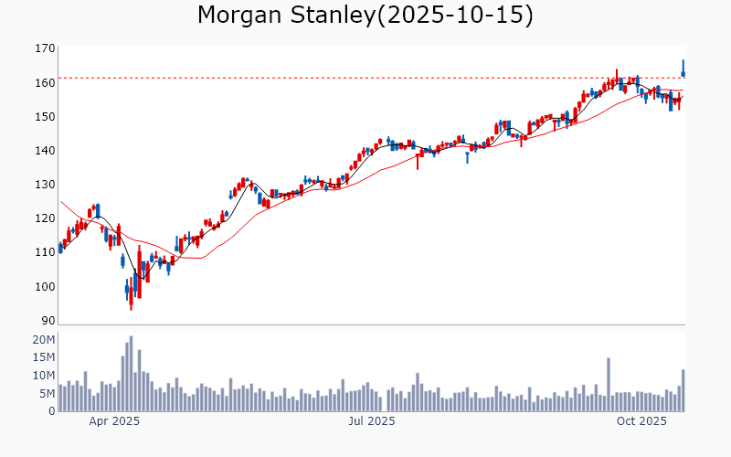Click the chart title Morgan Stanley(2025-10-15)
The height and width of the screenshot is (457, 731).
(365, 16)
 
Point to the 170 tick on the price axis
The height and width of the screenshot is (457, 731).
(44, 48)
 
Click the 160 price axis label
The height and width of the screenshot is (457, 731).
(44, 82)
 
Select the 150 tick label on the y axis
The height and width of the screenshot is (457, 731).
(44, 116)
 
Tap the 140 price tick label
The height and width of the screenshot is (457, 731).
(44, 151)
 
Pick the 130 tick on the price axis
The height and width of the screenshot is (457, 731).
(44, 185)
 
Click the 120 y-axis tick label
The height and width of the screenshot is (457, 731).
(44, 218)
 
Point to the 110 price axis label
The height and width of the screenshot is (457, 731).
(44, 252)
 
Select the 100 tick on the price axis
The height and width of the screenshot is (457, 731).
(44, 287)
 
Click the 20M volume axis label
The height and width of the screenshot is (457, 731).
(43, 340)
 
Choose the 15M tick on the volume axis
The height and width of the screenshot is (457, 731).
(43, 358)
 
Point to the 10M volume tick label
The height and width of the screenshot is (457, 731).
(43, 376)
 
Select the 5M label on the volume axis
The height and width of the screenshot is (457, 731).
(46, 394)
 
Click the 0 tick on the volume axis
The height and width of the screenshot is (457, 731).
(51, 411)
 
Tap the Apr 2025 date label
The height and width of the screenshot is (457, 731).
(114, 421)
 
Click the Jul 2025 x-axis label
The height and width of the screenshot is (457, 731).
(371, 421)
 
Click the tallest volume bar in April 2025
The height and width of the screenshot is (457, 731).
(131, 374)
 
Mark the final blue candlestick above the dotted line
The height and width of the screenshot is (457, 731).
(683, 69)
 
